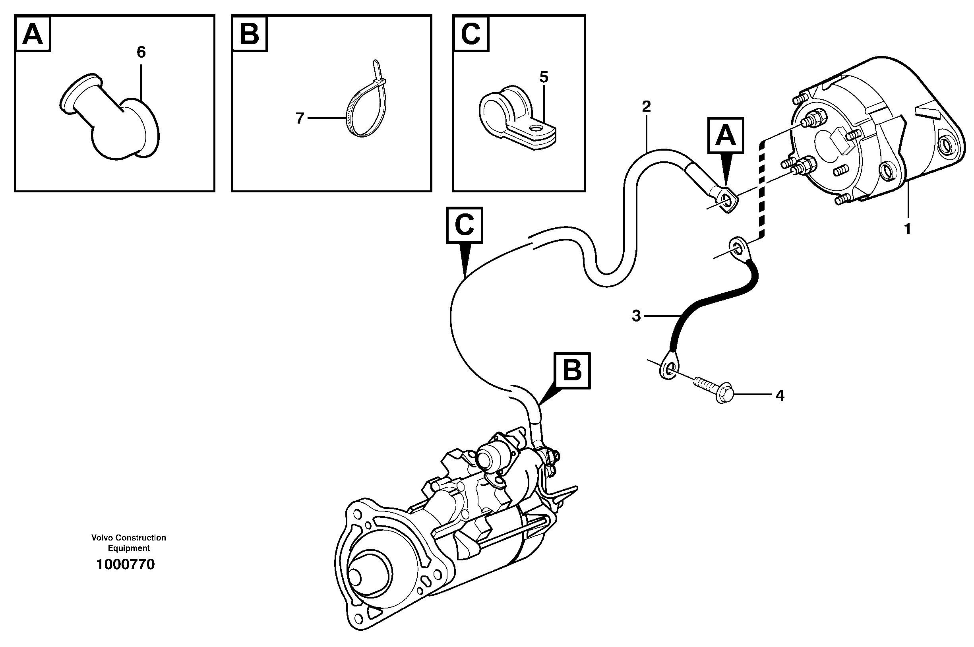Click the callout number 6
click(x=141, y=52)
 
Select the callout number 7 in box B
click(x=300, y=118)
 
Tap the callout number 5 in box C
click(x=544, y=77)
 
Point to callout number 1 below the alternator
click(x=907, y=229)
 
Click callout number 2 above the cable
click(x=647, y=107)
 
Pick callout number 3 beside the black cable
click(x=637, y=316)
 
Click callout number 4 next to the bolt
click(x=780, y=396)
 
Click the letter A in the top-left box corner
click(x=33, y=34)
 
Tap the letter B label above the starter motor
click(x=572, y=370)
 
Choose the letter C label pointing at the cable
click(x=465, y=225)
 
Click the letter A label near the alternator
click(x=726, y=136)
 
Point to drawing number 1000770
click(x=126, y=564)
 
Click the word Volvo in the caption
click(x=102, y=538)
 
